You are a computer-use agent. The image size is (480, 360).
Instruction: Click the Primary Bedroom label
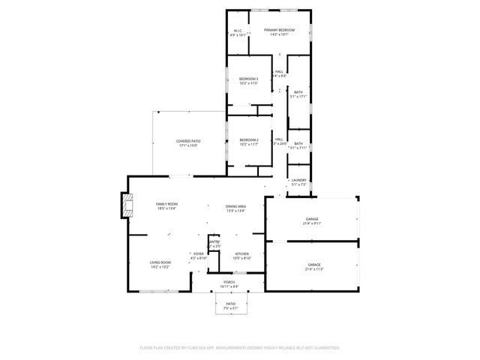pyautogui.click(x=279, y=31)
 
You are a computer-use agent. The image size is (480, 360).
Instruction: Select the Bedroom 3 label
pyautogui.click(x=248, y=81)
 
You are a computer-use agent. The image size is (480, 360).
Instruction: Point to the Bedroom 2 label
pyautogui.click(x=248, y=142)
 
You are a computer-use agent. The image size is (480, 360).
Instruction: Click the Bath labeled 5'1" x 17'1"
pyautogui.click(x=298, y=94)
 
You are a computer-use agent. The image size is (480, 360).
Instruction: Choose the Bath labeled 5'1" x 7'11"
pyautogui.click(x=298, y=145)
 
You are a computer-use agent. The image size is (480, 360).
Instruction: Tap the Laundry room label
pyautogui.click(x=298, y=182)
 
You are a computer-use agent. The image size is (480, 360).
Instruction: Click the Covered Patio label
pyautogui.click(x=188, y=143)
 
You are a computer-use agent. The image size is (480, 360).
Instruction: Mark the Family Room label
pyautogui.click(x=166, y=206)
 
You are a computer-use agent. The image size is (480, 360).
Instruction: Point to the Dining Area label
pyautogui.click(x=236, y=208)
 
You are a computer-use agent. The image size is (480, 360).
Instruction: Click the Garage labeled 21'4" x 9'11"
pyautogui.click(x=312, y=220)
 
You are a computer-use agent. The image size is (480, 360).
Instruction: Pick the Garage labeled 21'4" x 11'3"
pyautogui.click(x=313, y=267)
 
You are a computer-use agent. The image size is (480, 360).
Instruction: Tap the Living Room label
pyautogui.click(x=160, y=264)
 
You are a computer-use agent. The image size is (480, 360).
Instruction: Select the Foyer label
pyautogui.click(x=199, y=256)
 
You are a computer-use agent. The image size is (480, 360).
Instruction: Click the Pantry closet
pyautogui.click(x=214, y=244)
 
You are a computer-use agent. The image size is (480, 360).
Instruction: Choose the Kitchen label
pyautogui.click(x=242, y=256)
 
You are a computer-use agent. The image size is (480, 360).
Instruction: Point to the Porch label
pyautogui.click(x=229, y=284)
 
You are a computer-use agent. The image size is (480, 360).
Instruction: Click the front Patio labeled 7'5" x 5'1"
pyautogui.click(x=231, y=305)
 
